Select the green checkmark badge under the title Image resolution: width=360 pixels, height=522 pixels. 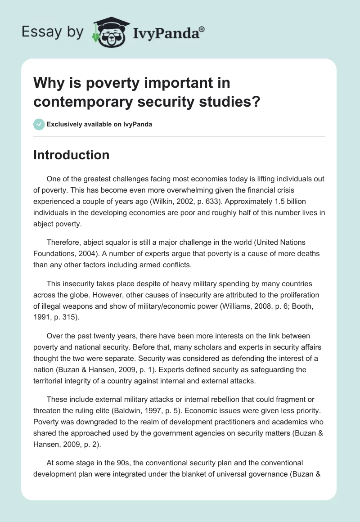point(39,124)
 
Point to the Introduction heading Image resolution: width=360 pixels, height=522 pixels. point(72,155)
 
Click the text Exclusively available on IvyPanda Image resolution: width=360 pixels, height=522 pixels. point(99,125)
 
